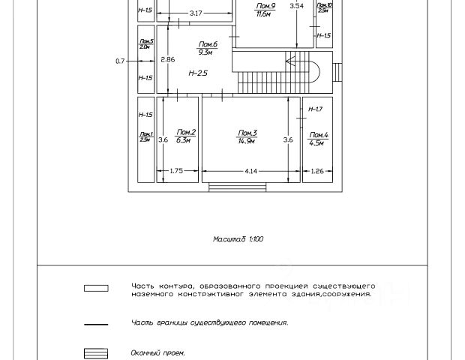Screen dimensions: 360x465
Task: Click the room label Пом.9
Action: (264, 6)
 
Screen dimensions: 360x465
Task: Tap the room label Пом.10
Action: (323, 6)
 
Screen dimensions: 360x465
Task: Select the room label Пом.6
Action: (208, 45)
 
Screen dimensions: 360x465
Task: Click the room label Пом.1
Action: (145, 135)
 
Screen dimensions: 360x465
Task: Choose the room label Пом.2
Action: (185, 133)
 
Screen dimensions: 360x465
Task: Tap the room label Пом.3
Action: (247, 133)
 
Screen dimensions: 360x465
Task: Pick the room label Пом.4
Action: (318, 135)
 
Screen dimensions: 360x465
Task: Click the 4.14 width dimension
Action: (250, 172)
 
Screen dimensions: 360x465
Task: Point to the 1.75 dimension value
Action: (176, 172)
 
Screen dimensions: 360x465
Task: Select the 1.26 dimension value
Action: (317, 172)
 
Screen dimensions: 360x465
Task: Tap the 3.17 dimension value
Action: (196, 13)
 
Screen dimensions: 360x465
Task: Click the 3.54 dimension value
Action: (296, 6)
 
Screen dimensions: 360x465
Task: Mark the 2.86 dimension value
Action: (167, 60)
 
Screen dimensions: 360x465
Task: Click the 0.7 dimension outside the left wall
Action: (120, 61)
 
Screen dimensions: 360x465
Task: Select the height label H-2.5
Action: (197, 73)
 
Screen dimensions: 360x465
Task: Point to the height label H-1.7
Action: (316, 109)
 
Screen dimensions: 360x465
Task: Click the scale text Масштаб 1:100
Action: (238, 239)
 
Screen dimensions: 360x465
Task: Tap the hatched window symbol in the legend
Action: (96, 352)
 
